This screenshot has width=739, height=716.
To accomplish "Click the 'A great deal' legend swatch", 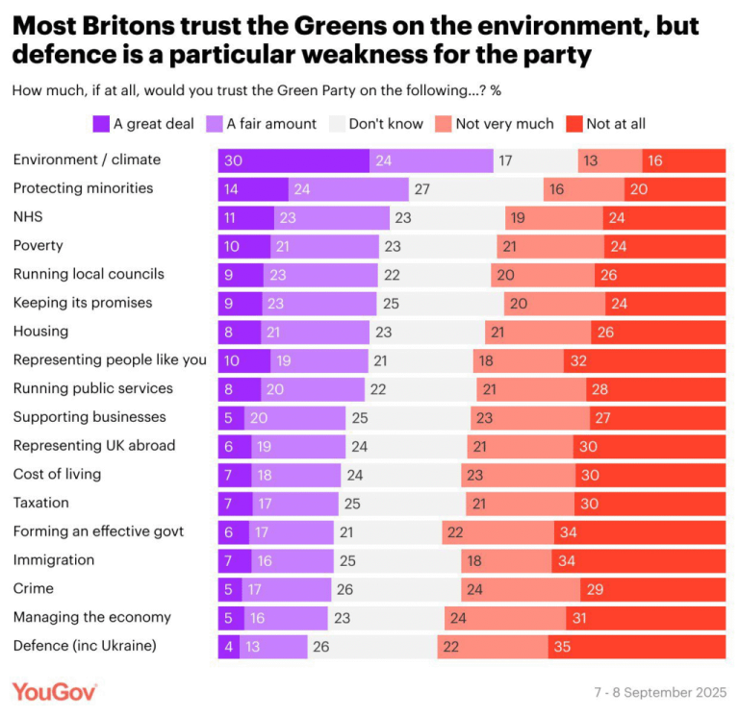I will pyautogui.click(x=101, y=123).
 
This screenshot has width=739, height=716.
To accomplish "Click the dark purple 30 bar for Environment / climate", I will pyautogui.click(x=293, y=160).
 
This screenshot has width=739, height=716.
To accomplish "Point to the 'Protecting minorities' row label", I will pyautogui.click(x=83, y=188).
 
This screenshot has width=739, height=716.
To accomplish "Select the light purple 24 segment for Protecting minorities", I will pyautogui.click(x=349, y=189).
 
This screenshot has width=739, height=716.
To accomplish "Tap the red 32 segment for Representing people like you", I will pyautogui.click(x=645, y=360).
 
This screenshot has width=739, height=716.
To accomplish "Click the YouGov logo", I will pyautogui.click(x=54, y=691).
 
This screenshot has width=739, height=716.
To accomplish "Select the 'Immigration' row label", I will pyautogui.click(x=53, y=559).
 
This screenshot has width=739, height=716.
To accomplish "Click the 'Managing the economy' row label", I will pyautogui.click(x=91, y=617).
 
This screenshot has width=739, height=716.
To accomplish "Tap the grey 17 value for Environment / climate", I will pyautogui.click(x=505, y=160).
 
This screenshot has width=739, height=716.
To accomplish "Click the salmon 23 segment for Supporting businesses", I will pyautogui.click(x=530, y=418).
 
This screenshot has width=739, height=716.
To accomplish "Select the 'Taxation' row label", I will pyautogui.click(x=41, y=503).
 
